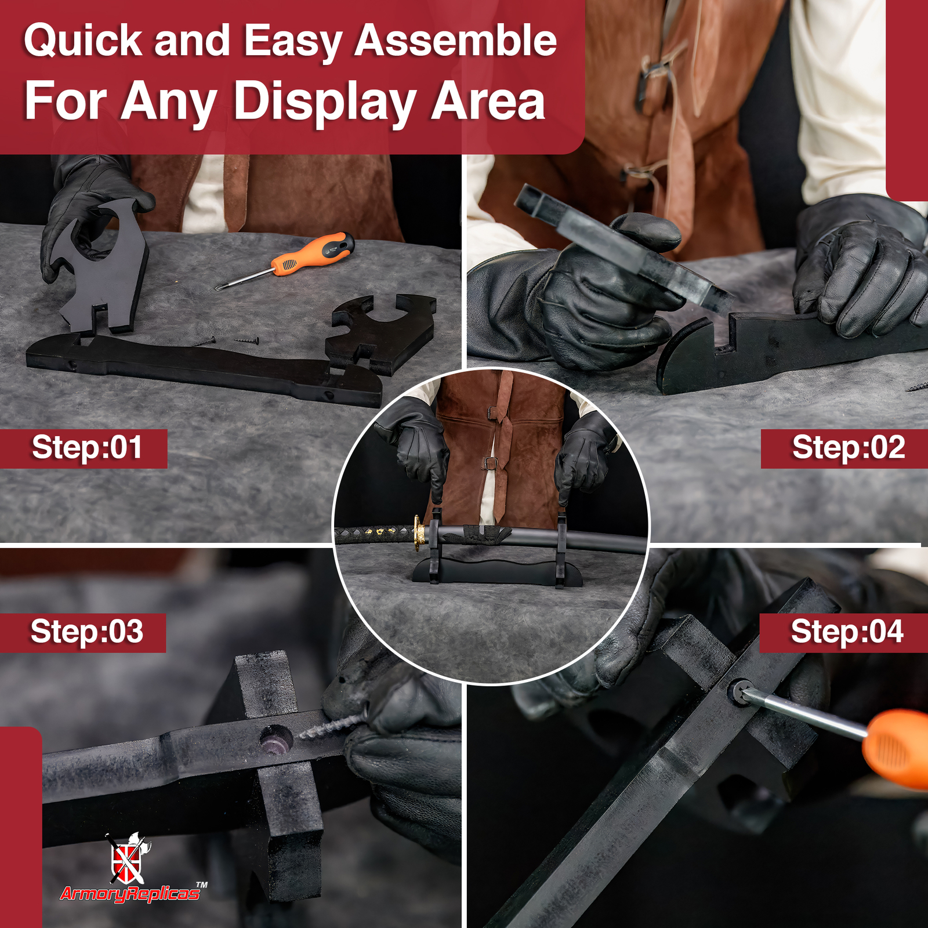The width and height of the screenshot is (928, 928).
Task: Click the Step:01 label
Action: [x=87, y=448]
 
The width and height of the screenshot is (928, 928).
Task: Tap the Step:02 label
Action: [x=849, y=448]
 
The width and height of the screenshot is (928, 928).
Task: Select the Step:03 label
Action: [x=87, y=632]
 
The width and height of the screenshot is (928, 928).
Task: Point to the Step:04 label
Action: [x=847, y=632]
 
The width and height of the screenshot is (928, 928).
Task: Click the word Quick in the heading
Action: [x=83, y=42]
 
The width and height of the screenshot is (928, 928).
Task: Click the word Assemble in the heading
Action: [x=456, y=41]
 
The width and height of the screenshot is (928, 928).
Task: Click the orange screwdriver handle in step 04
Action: [x=896, y=748]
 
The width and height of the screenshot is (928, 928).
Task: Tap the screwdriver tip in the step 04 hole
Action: [x=744, y=692]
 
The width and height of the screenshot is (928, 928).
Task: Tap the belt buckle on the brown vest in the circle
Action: [x=491, y=463]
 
